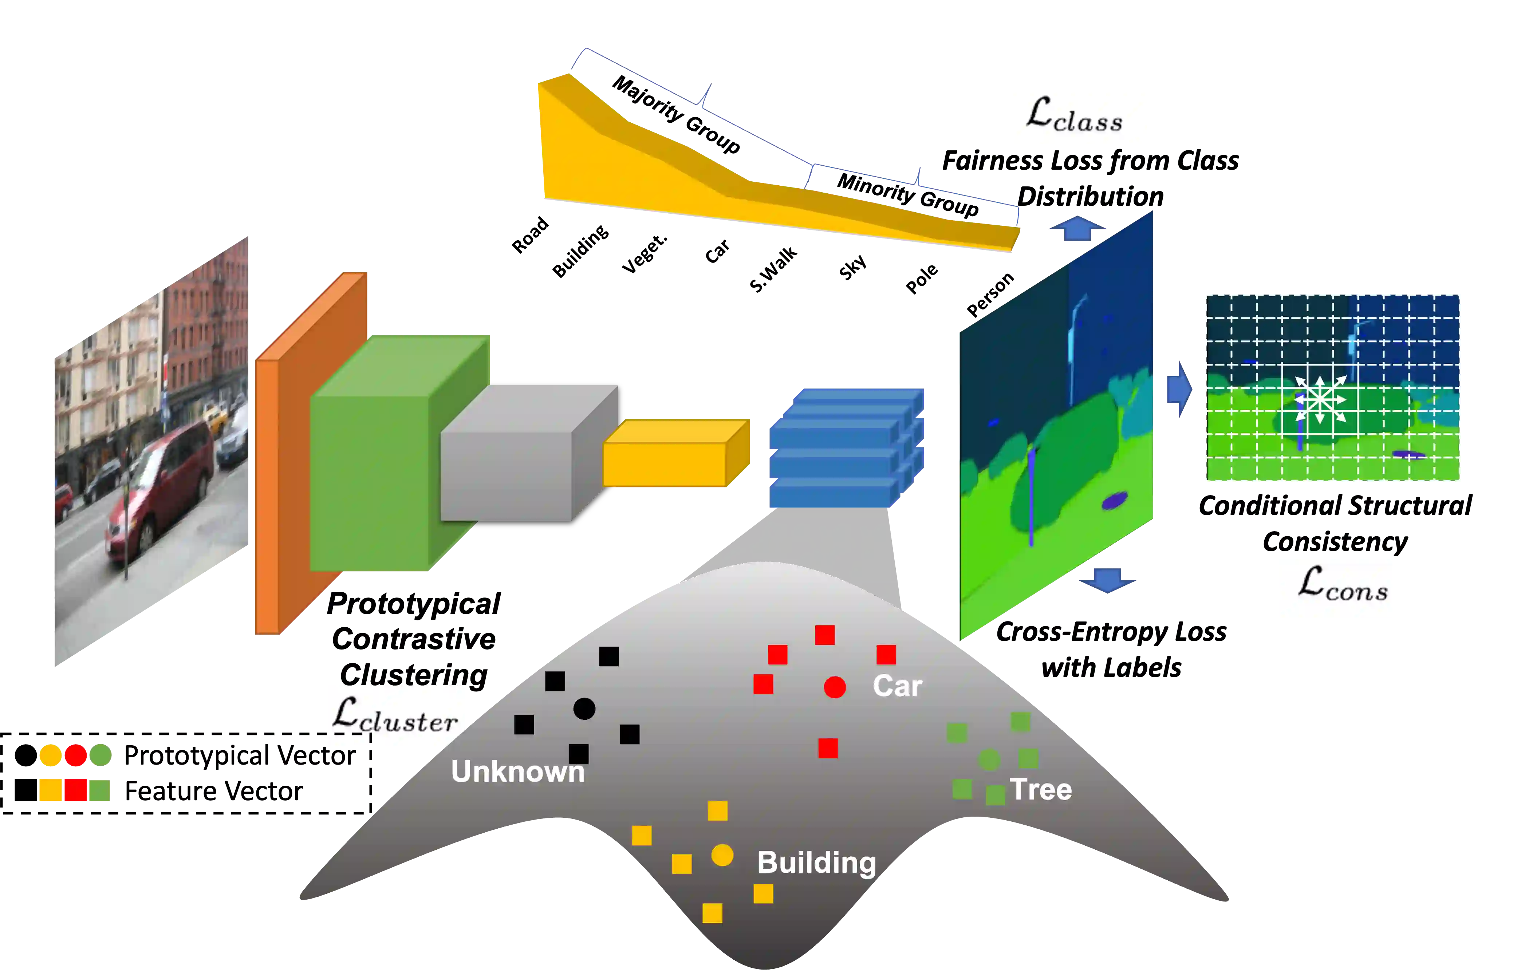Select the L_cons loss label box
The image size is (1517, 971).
(1335, 589)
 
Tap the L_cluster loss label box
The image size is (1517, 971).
(396, 717)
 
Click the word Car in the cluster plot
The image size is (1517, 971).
(897, 686)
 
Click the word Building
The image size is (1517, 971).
(816, 863)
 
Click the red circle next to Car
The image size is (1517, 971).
(835, 687)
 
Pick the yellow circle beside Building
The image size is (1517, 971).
(722, 856)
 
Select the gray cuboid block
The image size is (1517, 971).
(517, 460)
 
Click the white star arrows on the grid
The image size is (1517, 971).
(1320, 399)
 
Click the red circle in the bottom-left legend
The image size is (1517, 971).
(76, 755)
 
